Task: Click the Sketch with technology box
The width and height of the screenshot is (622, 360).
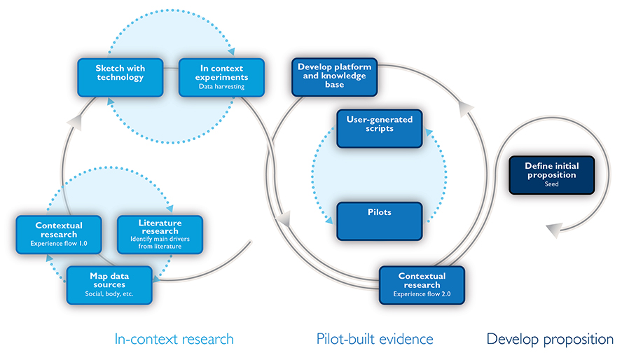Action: [120, 78]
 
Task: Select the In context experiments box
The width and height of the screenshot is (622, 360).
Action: [221, 78]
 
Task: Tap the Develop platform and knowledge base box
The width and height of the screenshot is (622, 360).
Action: [334, 77]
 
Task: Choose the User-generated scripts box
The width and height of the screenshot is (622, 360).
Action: [379, 129]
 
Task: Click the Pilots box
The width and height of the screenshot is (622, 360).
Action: [379, 221]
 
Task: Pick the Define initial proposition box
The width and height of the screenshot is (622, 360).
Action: [552, 175]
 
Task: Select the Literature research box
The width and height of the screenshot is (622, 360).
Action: [160, 235]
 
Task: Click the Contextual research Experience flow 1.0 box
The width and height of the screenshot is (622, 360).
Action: [59, 235]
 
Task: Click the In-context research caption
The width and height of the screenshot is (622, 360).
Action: [174, 340]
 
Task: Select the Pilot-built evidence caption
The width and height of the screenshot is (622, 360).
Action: [375, 340]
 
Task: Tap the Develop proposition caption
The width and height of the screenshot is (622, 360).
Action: [550, 340]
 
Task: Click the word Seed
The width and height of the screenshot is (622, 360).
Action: [551, 184]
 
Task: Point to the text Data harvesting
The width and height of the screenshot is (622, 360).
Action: [221, 86]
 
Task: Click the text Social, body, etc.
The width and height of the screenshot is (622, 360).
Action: [109, 293]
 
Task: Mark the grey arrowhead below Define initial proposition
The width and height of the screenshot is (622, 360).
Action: [555, 230]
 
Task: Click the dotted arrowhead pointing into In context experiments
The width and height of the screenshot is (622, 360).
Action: [231, 52]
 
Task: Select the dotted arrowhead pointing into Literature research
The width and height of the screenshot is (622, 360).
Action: [170, 209]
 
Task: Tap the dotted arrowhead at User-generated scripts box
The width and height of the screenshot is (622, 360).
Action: [429, 132]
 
